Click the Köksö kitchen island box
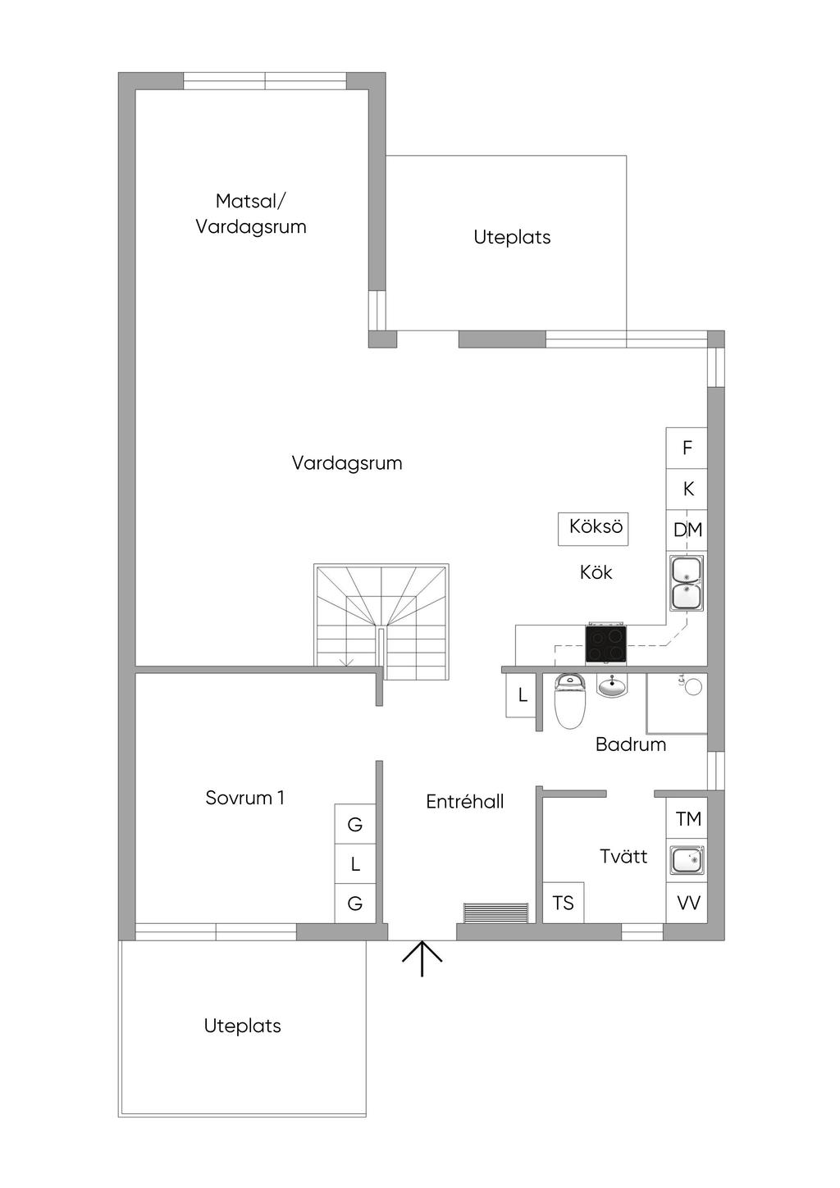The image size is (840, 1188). point(593,528)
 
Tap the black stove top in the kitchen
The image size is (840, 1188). point(605,644)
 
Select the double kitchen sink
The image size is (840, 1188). point(687,583)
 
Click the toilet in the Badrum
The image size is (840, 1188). point(569,701)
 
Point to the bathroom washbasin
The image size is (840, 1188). point(611,685)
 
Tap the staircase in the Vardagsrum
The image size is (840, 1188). point(381,621)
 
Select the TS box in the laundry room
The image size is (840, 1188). point(563,903)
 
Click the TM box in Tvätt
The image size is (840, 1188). point(687,818)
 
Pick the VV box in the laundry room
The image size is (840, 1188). point(687,903)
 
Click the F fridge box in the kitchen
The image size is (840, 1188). point(687,448)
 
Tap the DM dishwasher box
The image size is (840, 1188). point(687,530)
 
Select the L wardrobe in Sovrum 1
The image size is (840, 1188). point(354,863)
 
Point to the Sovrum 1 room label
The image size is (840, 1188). point(244,798)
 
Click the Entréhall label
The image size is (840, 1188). point(464,802)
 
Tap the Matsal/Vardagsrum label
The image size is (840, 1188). point(251,214)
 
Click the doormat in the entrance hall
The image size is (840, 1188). point(495,913)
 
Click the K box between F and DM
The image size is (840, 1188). point(687,489)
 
